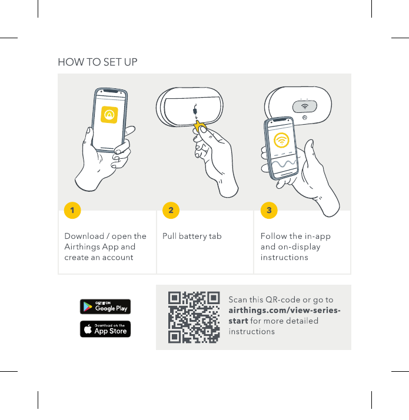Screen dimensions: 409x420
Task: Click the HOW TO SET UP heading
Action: [98, 62]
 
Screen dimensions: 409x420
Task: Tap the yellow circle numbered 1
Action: [72, 210]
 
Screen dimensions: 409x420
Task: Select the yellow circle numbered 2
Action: [171, 210]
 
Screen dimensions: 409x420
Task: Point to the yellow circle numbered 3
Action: [269, 210]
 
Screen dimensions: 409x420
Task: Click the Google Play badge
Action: [105, 306]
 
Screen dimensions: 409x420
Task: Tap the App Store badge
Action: [105, 329]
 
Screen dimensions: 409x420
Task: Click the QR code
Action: [194, 317]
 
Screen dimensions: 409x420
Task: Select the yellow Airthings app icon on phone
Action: [109, 115]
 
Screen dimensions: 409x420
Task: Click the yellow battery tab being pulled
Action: [199, 126]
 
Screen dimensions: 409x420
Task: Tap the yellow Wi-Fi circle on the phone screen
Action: [281, 141]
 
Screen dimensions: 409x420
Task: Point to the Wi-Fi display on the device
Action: [305, 106]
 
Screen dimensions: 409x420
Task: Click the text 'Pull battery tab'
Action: [192, 236]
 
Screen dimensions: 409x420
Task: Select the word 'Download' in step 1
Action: [84, 236]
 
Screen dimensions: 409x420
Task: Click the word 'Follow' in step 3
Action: [274, 236]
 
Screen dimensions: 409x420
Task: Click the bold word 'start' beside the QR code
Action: [238, 321]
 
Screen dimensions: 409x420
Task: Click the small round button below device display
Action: [305, 118]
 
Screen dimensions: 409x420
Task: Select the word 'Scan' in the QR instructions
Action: [238, 299]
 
